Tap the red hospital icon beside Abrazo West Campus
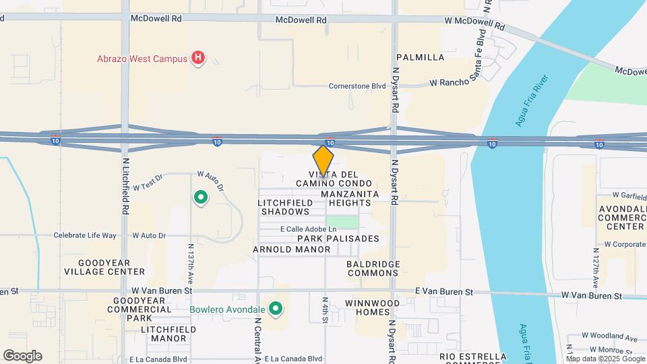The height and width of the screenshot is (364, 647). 197,59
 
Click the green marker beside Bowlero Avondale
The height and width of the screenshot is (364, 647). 275,309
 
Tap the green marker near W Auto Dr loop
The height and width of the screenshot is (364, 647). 200,198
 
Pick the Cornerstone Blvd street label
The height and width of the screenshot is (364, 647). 357,86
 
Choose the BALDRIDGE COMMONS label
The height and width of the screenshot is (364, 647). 373,268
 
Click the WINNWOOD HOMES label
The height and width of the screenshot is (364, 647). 372,308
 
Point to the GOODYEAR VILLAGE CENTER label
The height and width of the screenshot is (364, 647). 104,267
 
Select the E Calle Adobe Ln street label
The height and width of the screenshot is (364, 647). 309,229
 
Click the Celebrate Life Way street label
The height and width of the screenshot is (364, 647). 86,235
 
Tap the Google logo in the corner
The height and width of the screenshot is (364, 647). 22,355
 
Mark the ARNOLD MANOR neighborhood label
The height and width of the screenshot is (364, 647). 291,249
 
